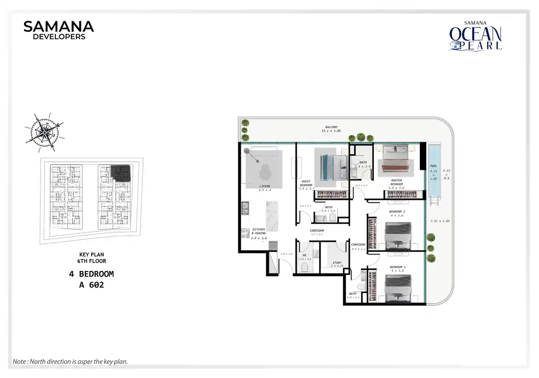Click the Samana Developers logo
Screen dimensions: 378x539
59,30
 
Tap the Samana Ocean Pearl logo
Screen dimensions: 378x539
475,36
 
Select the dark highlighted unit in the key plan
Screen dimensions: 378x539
121,174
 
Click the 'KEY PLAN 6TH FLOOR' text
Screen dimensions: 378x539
91,258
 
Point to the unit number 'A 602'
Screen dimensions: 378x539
91,285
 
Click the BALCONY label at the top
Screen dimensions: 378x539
331,127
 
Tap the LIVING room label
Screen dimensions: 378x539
265,186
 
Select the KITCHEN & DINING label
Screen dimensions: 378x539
259,231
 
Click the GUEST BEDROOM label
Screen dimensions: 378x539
306,183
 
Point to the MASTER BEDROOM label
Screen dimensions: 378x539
397,182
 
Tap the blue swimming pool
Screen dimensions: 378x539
435,170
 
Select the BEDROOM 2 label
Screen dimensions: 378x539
397,212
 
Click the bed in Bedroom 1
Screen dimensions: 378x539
398,287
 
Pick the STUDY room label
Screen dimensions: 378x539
337,263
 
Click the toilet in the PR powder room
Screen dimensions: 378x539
305,268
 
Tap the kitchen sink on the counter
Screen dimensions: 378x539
245,208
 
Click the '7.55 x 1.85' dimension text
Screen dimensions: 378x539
440,221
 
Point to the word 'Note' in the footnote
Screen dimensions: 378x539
19,362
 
